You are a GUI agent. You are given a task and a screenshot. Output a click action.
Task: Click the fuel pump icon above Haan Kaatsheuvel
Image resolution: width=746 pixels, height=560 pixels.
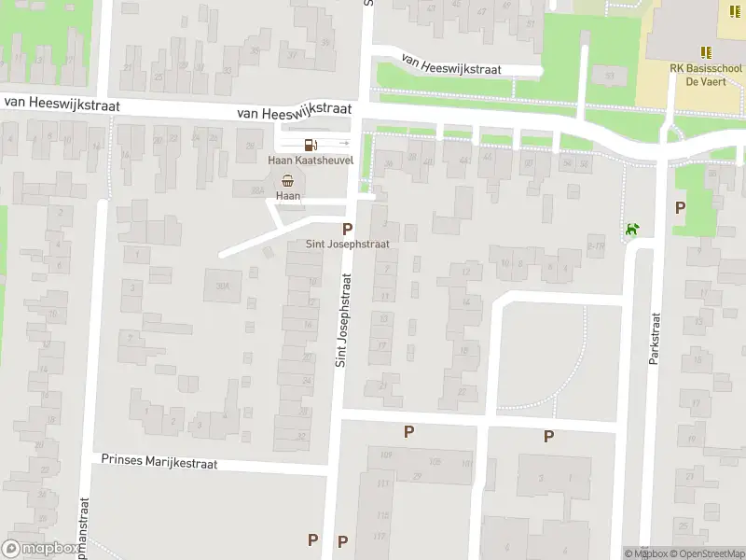coord(309,144)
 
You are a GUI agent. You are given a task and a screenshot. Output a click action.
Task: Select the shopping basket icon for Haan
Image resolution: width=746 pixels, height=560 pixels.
coord(289,180)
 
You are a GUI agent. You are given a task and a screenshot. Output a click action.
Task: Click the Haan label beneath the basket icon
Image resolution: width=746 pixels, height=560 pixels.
coord(289,196)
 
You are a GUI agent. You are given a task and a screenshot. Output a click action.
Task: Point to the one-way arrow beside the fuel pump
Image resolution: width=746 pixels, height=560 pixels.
coord(342,144)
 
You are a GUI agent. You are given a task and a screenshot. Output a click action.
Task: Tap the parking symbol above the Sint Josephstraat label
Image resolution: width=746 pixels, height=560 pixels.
coord(348,229)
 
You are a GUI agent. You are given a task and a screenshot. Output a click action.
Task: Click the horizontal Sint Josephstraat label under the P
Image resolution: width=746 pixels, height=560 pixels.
coord(348,245)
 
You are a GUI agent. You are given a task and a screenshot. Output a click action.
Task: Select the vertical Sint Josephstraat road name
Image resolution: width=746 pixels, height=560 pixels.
coord(341,319)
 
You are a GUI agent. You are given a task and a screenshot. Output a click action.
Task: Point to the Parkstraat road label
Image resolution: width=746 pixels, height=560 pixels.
coord(655,339)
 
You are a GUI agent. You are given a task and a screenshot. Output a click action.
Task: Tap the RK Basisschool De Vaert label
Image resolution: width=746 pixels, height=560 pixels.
coord(705,74)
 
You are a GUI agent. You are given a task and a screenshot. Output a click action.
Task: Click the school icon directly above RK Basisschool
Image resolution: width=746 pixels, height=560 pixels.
coord(706,52)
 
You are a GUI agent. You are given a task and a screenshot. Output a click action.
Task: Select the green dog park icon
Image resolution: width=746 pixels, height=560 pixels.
coord(633,229)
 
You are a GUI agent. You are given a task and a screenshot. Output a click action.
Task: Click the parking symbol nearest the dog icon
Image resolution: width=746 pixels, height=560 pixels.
coord(680,207)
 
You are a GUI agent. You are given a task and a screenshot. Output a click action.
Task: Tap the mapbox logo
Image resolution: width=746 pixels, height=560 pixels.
coord(39,549)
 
